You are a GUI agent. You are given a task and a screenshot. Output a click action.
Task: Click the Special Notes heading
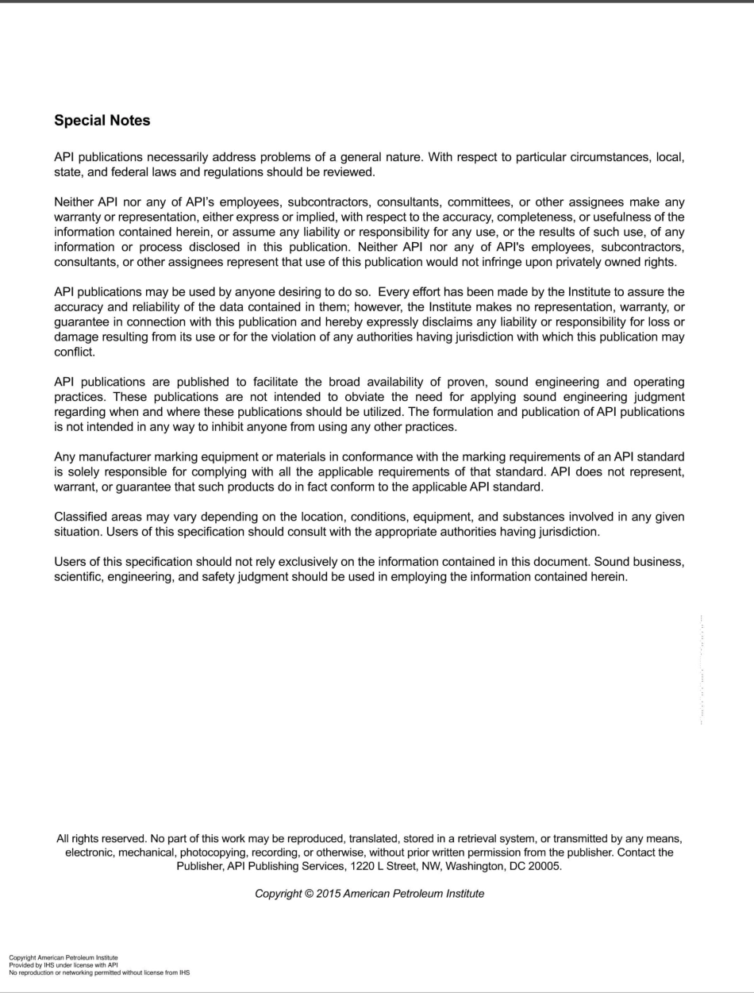pyautogui.click(x=102, y=121)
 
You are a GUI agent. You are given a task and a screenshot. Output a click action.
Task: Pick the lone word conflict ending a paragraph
pyautogui.click(x=74, y=352)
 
